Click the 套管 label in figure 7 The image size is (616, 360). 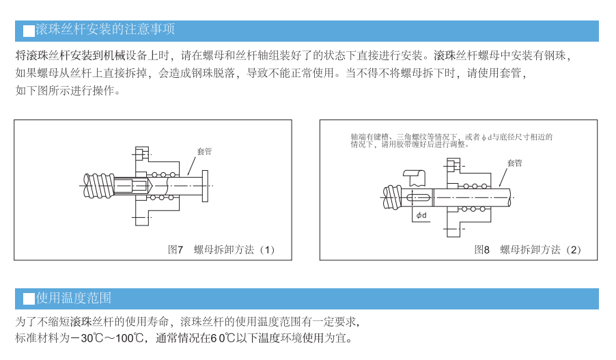(204, 151)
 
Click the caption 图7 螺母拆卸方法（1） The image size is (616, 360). (222, 249)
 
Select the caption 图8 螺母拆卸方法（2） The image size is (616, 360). (529, 249)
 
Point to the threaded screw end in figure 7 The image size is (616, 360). (100, 185)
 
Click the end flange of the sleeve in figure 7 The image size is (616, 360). (205, 185)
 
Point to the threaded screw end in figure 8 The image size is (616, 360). (393, 197)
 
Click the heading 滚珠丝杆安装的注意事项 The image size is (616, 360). (105, 29)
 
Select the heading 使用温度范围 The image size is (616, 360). (74, 298)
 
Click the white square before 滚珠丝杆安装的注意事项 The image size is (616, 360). (29, 31)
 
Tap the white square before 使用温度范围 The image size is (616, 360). (29, 299)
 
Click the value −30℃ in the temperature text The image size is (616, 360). (89, 338)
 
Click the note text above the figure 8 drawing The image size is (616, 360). (451, 140)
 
